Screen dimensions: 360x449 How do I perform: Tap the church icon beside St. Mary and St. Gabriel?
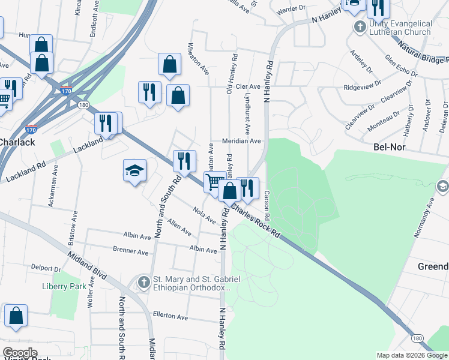point(143,281)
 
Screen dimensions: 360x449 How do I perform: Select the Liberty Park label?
point(65,286)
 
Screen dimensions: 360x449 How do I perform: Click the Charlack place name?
point(17,142)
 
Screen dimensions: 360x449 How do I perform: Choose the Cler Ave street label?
point(248,86)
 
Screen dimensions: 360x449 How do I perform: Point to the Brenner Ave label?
point(130,251)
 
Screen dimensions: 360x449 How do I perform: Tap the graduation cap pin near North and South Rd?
point(134,171)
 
